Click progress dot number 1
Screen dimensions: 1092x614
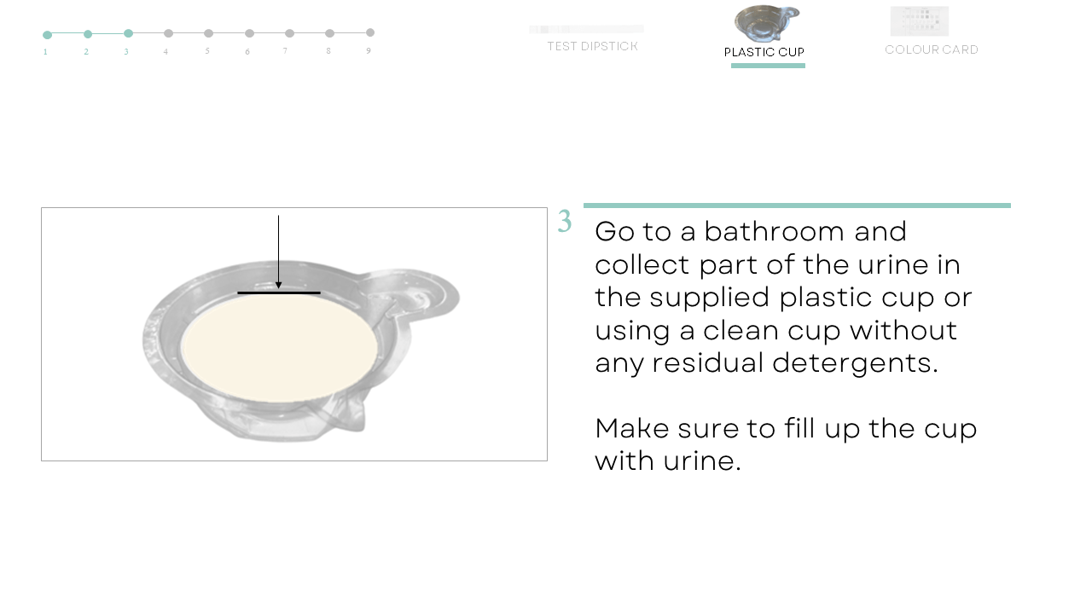47,35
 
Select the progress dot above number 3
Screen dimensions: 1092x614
128,33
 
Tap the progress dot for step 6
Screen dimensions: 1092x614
250,33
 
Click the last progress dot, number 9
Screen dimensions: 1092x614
370,32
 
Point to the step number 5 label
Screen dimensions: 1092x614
207,50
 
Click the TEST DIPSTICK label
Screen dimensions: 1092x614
592,46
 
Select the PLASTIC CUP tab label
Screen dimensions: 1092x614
764,52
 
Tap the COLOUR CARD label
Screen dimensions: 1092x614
932,49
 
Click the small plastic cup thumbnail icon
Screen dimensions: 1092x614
767,23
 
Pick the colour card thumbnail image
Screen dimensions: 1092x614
920,21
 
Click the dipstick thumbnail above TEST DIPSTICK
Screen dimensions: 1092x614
586,29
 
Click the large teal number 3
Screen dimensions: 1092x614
565,221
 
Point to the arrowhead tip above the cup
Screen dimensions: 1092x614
278,288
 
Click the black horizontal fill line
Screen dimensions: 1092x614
279,293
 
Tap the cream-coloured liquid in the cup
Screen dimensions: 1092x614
279,348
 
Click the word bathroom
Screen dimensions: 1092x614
774,231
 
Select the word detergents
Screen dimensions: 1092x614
855,364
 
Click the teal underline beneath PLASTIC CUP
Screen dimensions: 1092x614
768,66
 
